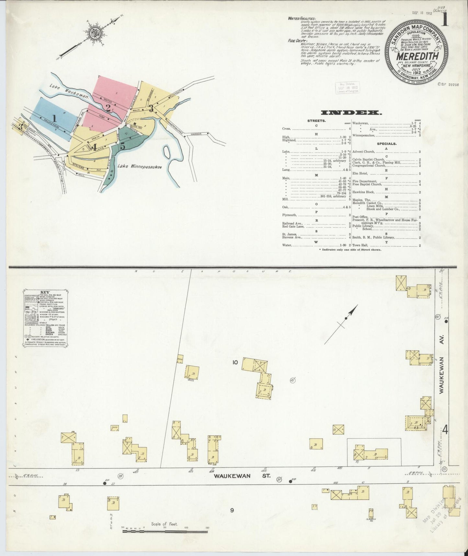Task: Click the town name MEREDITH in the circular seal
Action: pyautogui.click(x=416, y=56)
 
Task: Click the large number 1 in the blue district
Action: pyautogui.click(x=55, y=118)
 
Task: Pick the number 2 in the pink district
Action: pyautogui.click(x=108, y=107)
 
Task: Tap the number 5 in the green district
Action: pyautogui.click(x=122, y=146)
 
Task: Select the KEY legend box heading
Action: pyautogui.click(x=45, y=292)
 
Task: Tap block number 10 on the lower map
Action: pyautogui.click(x=235, y=362)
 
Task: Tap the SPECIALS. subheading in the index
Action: pyautogui.click(x=386, y=143)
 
